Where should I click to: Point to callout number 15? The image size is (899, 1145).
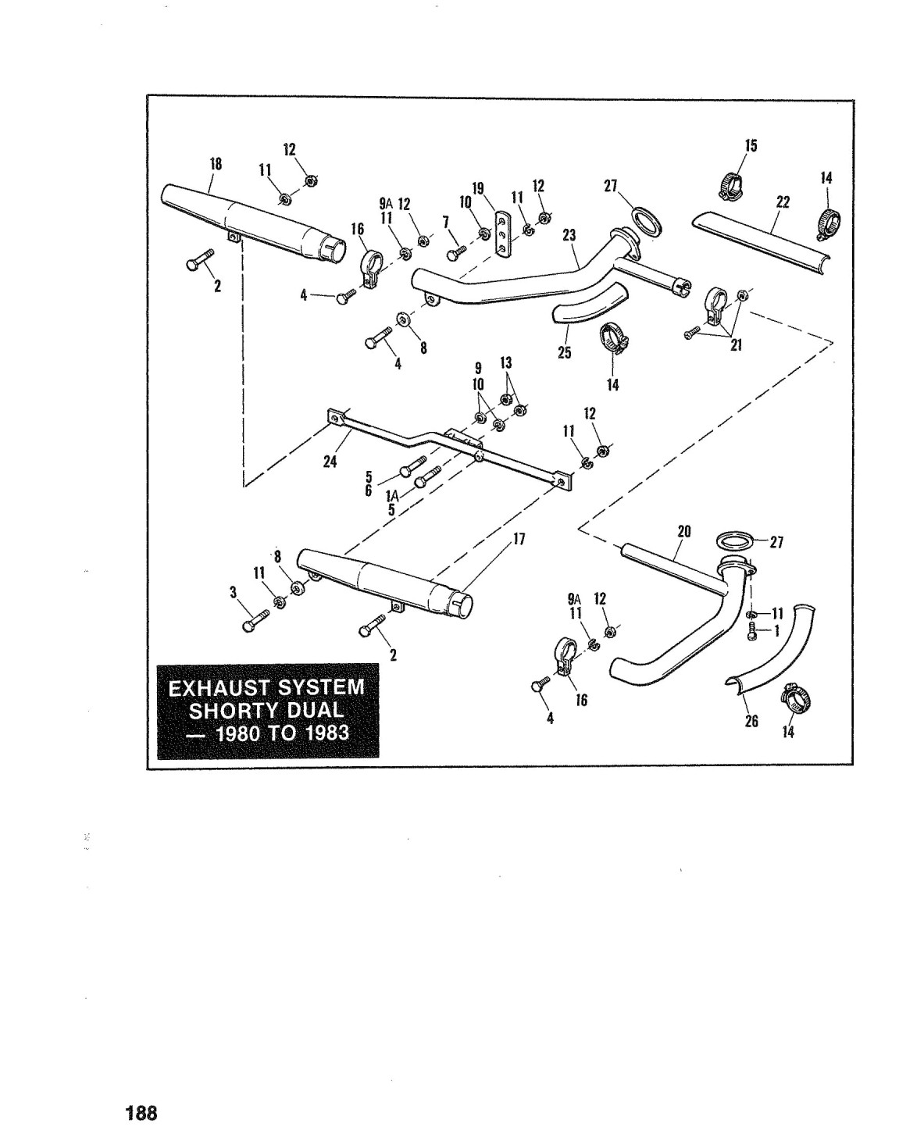click(x=751, y=145)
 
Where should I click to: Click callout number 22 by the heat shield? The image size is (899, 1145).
click(x=783, y=202)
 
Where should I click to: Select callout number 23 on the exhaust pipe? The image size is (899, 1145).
click(x=569, y=235)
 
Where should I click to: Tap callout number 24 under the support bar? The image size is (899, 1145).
click(x=330, y=462)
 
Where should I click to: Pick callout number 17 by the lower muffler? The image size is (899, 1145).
click(x=519, y=539)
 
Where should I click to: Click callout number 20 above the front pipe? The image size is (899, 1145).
click(x=683, y=532)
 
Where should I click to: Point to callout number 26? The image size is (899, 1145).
click(x=751, y=721)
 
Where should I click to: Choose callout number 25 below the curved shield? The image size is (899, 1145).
click(x=565, y=352)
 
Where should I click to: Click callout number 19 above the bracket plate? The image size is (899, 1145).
click(x=478, y=189)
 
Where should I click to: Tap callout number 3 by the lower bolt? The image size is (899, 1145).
click(x=233, y=593)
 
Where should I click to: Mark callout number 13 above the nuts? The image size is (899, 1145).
click(x=505, y=362)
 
